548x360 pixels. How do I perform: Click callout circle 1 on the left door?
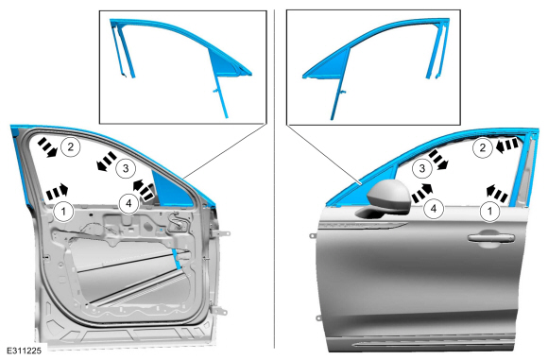click(63, 211)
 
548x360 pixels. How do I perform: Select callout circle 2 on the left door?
click(71, 146)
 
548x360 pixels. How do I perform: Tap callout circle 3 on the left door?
click(126, 168)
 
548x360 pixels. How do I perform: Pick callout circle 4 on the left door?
click(128, 203)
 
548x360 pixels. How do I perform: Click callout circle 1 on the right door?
click(490, 211)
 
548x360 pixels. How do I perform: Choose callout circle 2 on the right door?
click(483, 147)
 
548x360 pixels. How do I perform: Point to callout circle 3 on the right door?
click(422, 168)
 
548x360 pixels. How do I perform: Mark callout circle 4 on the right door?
click(434, 209)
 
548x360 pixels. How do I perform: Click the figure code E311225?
click(25, 351)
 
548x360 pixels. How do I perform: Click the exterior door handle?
click(491, 239)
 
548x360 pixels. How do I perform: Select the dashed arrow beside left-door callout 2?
click(47, 146)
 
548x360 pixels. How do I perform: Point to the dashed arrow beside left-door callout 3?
click(106, 162)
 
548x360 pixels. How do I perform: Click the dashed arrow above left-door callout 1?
click(57, 192)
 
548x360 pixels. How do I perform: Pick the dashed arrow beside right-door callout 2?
click(506, 146)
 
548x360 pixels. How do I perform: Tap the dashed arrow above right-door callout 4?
click(422, 194)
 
